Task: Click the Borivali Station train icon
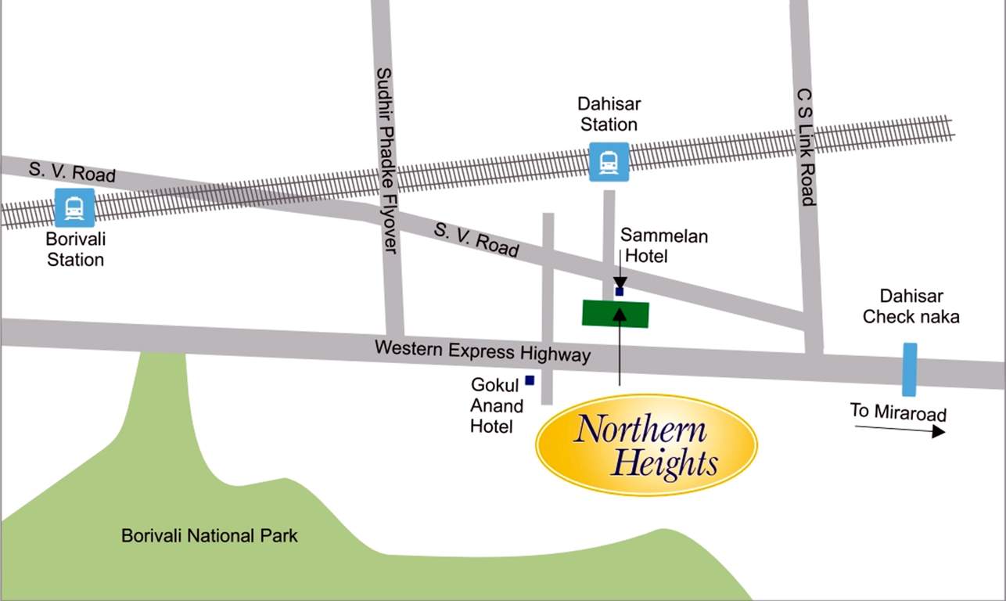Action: click(x=74, y=207)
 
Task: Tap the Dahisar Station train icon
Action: click(x=609, y=162)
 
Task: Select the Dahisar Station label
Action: click(x=609, y=114)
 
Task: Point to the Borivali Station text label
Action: click(x=75, y=250)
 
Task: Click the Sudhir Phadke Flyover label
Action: click(x=386, y=160)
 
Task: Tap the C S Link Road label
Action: click(x=806, y=146)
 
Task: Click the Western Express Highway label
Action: click(x=482, y=351)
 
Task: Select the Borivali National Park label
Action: click(x=210, y=537)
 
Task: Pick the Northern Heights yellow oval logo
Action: click(x=646, y=445)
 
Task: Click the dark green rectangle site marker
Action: click(x=616, y=314)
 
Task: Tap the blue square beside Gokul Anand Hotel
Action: click(x=530, y=380)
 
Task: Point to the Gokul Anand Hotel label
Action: click(x=496, y=405)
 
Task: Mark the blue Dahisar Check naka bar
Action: click(x=909, y=369)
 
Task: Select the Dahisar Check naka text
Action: click(x=910, y=307)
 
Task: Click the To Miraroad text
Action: click(x=898, y=412)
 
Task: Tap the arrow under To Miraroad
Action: click(x=900, y=430)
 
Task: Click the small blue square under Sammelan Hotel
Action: click(x=620, y=292)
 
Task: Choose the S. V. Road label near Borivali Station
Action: click(x=72, y=171)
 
